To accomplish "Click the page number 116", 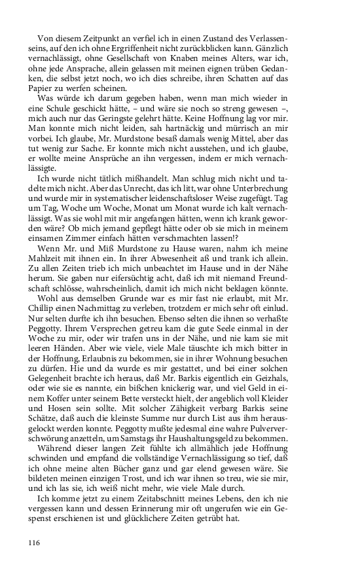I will (35, 543).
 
